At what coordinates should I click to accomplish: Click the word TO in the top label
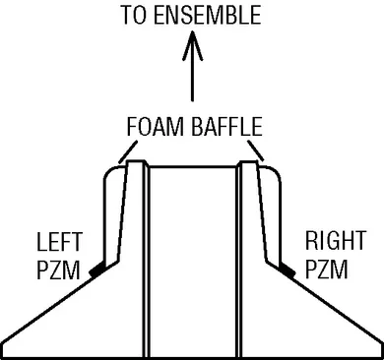(x=133, y=17)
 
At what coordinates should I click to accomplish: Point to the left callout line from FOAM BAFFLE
(x=124, y=150)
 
